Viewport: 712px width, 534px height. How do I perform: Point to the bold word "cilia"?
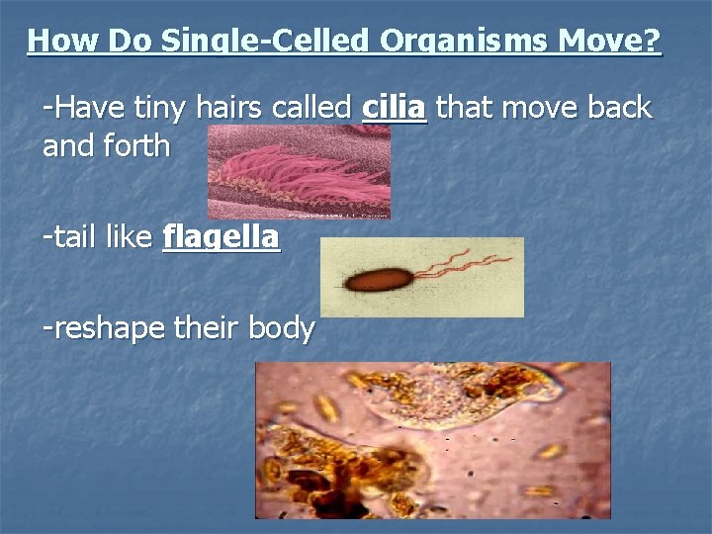[395, 107]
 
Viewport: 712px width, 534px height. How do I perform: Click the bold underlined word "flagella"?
[221, 237]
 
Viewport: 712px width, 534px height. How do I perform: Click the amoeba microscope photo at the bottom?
[432, 440]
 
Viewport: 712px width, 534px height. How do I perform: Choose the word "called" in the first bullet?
[315, 107]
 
